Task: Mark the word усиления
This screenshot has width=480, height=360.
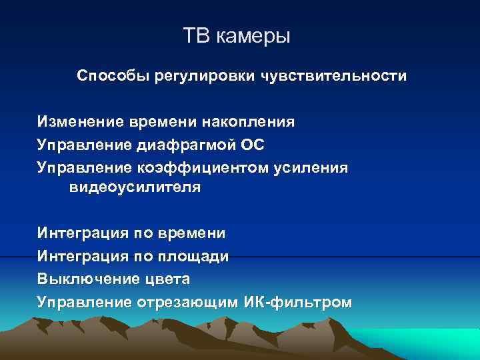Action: (311, 167)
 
